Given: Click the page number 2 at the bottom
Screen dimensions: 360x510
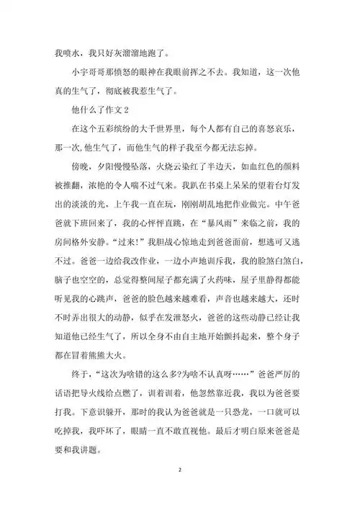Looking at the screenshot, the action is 180,469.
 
